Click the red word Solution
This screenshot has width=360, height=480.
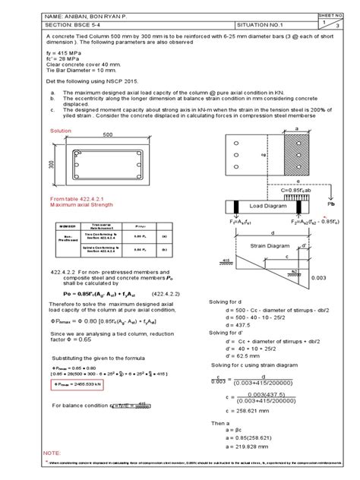[61, 131]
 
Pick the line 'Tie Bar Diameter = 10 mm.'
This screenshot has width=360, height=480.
[84, 84]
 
